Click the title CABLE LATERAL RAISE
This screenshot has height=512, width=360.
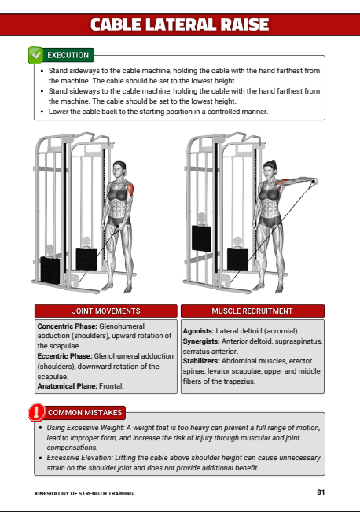point(179,24)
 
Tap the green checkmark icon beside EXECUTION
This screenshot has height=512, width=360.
point(35,55)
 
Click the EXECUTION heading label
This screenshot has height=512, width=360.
point(68,55)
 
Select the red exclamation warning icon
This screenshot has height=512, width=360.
point(36,412)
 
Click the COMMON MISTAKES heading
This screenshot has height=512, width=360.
point(85,413)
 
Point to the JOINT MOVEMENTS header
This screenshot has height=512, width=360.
point(106,311)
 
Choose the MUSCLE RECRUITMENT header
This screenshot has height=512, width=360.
point(252,311)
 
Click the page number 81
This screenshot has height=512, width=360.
point(321,492)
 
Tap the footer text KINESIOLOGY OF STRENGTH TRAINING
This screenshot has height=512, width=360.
point(84,493)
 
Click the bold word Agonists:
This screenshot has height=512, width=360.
point(198,331)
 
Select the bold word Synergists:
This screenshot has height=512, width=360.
point(201,341)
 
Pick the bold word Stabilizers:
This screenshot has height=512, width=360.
point(201,361)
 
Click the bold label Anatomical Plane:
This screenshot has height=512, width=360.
point(68,386)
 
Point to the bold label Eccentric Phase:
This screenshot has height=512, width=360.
point(64,356)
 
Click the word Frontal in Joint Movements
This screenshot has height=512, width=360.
point(112,386)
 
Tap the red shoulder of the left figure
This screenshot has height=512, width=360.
point(130,190)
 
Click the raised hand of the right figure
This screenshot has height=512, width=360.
point(314,182)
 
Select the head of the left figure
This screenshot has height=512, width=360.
point(119,169)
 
